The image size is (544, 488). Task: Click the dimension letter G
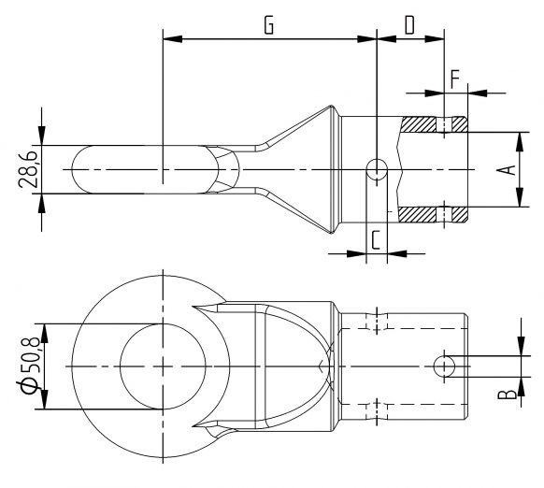click(268, 24)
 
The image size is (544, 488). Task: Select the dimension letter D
click(409, 24)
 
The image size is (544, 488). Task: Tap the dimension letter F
click(454, 78)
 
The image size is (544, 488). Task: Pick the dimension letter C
click(375, 238)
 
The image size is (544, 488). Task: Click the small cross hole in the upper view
click(377, 169)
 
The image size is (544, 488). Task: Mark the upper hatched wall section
click(433, 124)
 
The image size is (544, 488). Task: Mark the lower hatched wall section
click(433, 214)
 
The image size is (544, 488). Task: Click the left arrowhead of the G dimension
click(169, 39)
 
